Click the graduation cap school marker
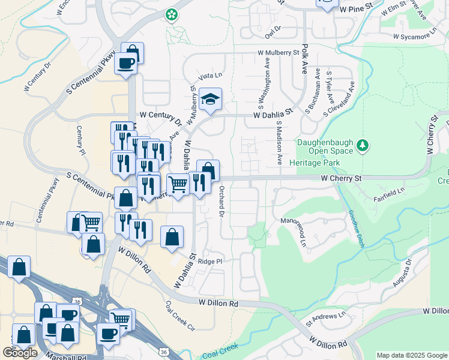pyautogui.click(x=211, y=99)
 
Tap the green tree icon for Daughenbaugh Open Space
pyautogui.click(x=362, y=145)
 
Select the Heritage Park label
pyautogui.click(x=315, y=163)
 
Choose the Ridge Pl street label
pyautogui.click(x=210, y=262)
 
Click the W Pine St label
pyautogui.click(x=360, y=10)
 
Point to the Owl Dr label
pyautogui.click(x=273, y=29)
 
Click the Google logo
pyautogui.click(x=20, y=352)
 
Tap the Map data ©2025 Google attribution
pyautogui.click(x=411, y=355)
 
